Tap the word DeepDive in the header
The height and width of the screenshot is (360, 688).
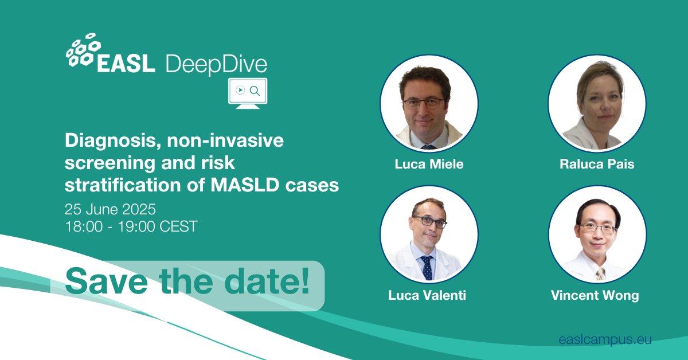pos(216,64)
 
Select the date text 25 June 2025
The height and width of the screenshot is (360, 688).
pos(110,208)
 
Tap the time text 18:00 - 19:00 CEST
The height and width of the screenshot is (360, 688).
pos(131,226)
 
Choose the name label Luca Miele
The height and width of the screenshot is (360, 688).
pos(429,164)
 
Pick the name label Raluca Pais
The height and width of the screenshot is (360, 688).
pos(597,164)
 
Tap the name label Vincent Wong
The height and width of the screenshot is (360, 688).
pos(595,296)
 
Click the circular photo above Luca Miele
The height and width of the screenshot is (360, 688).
pos(429,103)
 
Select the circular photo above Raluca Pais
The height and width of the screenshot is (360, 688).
pos(597,103)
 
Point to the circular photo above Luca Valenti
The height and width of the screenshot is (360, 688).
pos(429,235)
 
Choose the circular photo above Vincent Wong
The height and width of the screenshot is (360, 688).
pos(597,235)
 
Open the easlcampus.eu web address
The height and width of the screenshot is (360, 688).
pos(605,340)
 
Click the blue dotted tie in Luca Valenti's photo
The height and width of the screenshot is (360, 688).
pos(427,267)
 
